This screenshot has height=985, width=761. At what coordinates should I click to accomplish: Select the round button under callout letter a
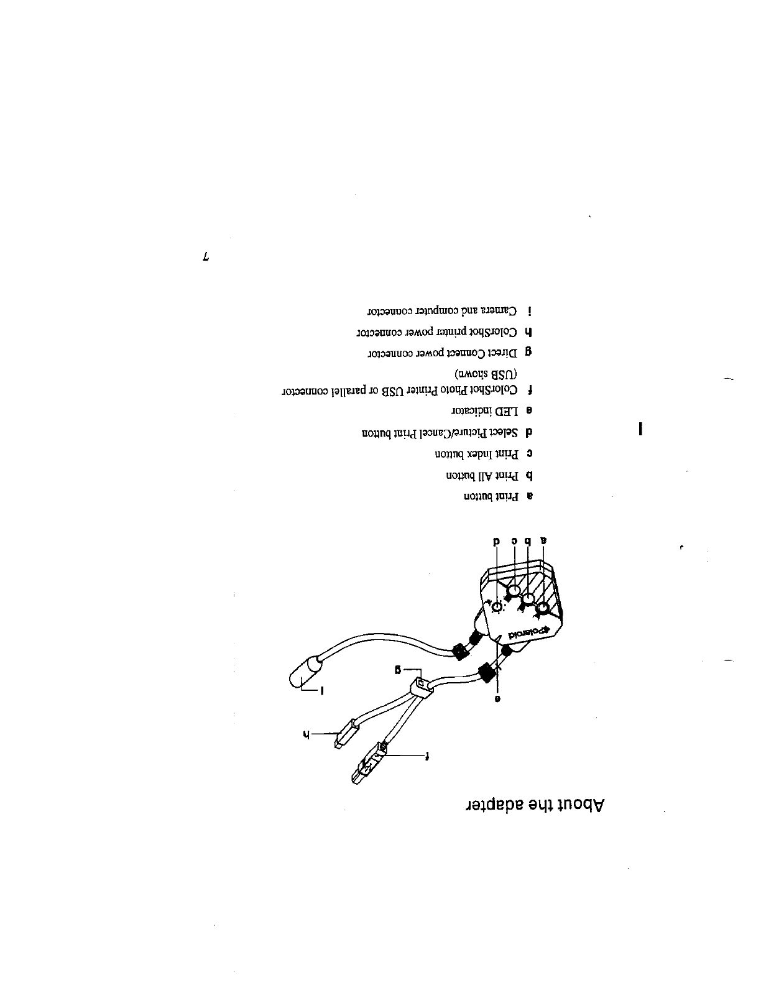543,608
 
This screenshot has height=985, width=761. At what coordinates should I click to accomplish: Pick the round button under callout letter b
528,599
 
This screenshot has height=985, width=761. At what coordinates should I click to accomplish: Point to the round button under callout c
514,590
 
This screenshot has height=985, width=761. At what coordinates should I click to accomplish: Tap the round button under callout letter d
497,607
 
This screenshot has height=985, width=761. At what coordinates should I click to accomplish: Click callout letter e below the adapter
497,698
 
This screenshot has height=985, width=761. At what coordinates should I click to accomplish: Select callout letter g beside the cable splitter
396,670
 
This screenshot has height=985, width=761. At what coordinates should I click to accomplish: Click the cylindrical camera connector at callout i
307,673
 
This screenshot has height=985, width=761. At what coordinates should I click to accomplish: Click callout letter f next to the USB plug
427,756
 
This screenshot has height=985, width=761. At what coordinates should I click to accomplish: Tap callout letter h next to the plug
305,734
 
